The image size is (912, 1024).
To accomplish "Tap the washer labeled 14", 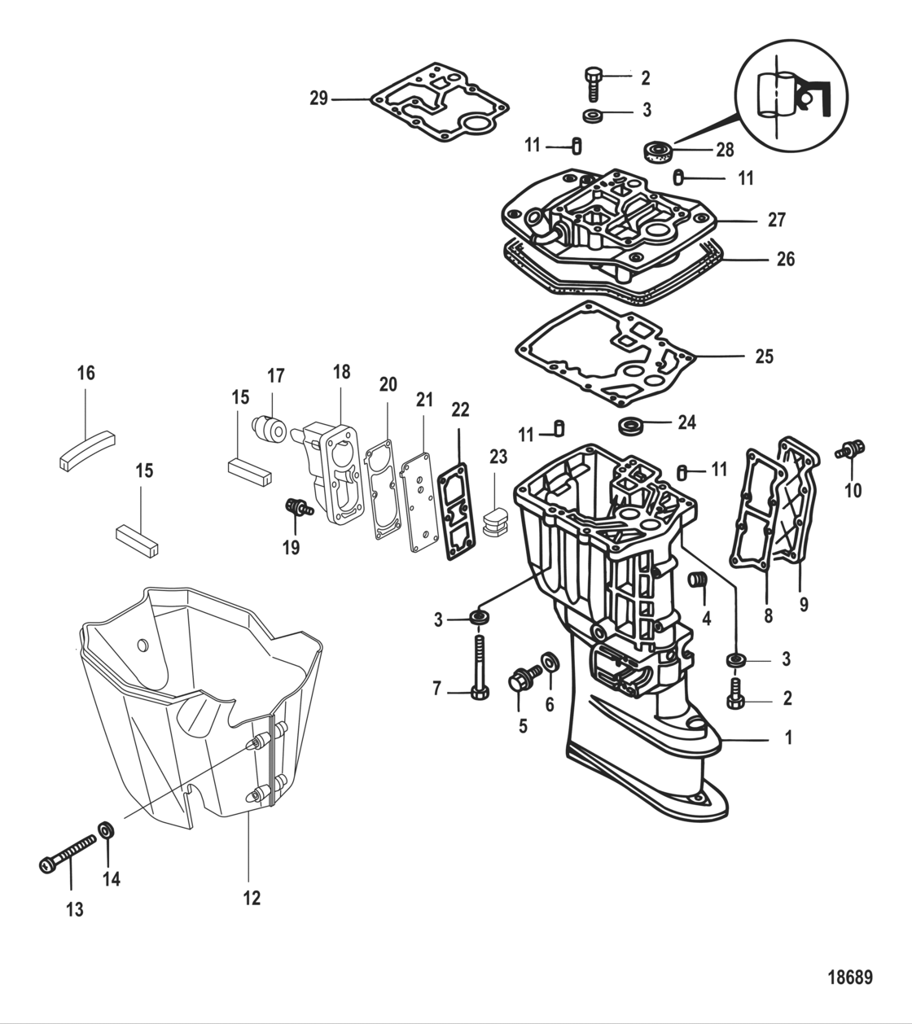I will pos(106,831).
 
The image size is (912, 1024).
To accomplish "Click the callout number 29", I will pos(318,98).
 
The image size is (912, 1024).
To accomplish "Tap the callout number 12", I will pos(252,898).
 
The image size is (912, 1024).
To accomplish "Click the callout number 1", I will pos(787,738).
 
